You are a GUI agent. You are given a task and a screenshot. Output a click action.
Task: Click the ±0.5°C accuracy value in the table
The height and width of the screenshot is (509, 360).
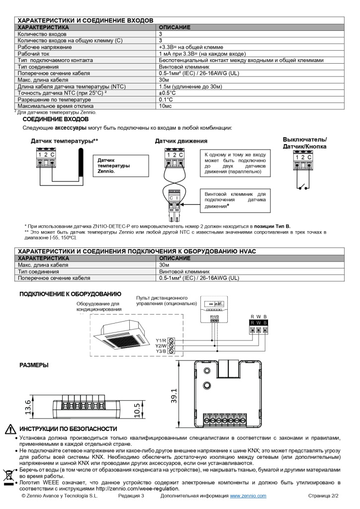tap(168, 92)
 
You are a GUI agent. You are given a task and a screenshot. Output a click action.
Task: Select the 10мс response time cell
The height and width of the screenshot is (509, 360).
tap(166, 106)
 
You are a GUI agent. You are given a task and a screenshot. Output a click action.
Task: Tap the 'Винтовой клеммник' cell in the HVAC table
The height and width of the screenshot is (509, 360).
tap(184, 272)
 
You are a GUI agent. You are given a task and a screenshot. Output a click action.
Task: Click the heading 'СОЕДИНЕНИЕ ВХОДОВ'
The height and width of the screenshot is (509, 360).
tap(56, 119)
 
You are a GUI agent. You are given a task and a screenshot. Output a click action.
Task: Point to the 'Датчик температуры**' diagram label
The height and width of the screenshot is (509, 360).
tap(64, 141)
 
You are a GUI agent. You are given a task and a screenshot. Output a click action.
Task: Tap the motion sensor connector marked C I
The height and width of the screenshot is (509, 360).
tap(174, 197)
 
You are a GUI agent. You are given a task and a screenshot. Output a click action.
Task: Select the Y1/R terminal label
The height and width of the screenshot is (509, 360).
tap(161, 340)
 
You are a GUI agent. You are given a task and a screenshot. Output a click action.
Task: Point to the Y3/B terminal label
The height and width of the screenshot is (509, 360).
tap(161, 351)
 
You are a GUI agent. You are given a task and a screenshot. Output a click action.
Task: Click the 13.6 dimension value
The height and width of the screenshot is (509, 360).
tap(29, 406)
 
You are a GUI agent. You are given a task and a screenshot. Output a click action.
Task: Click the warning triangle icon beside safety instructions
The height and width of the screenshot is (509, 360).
tap(10, 429)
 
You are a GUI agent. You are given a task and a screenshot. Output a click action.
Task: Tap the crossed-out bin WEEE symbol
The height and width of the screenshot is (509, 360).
tap(8, 476)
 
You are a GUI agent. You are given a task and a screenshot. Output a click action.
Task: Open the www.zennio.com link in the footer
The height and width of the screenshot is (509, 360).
tap(248, 496)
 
